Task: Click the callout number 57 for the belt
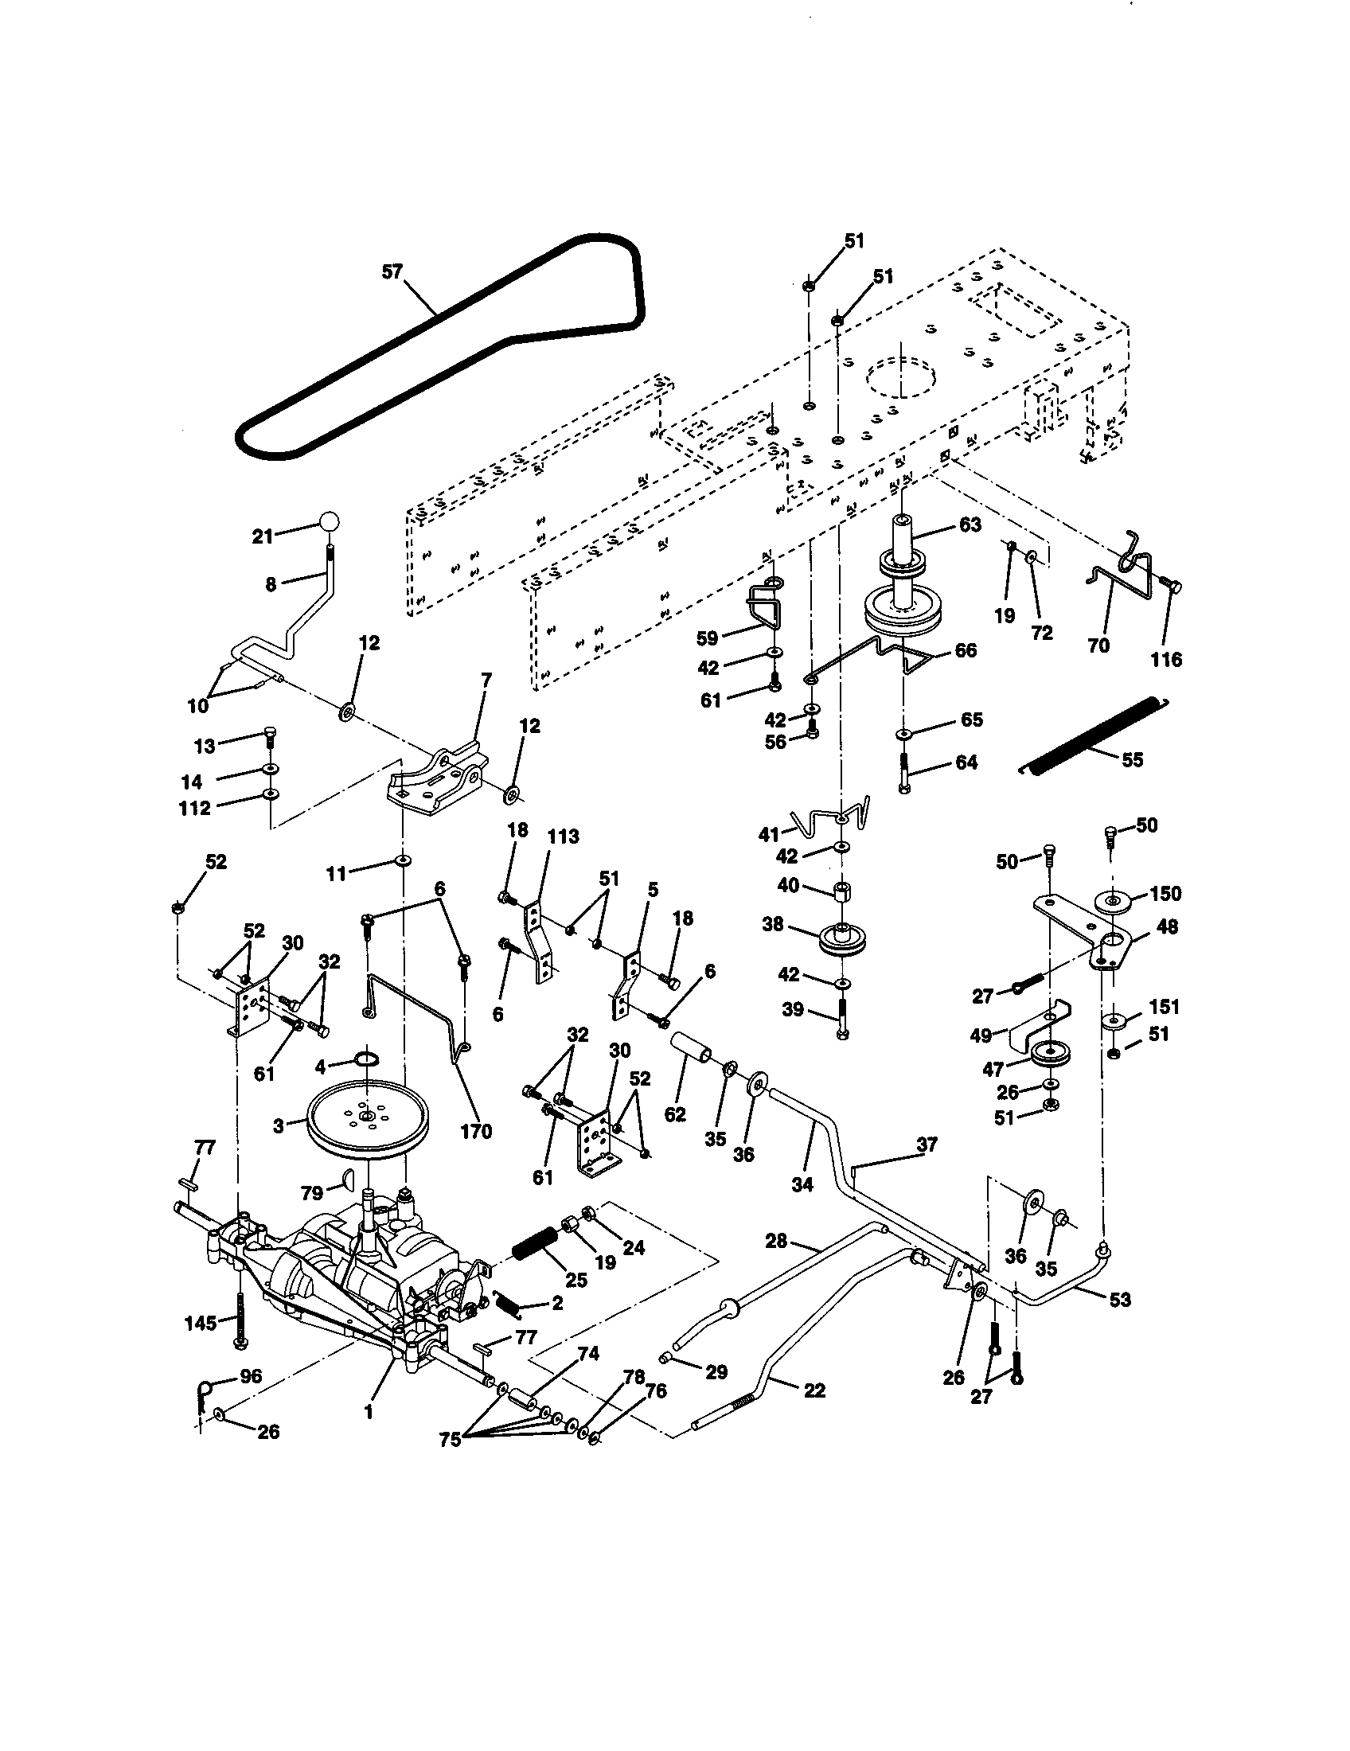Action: tap(391, 271)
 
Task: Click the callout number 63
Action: tap(970, 525)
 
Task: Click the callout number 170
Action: tap(475, 1132)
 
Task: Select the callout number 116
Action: tap(1166, 659)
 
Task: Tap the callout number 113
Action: tap(563, 837)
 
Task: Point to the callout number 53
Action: tap(1120, 1299)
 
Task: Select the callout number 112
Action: tap(195, 808)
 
